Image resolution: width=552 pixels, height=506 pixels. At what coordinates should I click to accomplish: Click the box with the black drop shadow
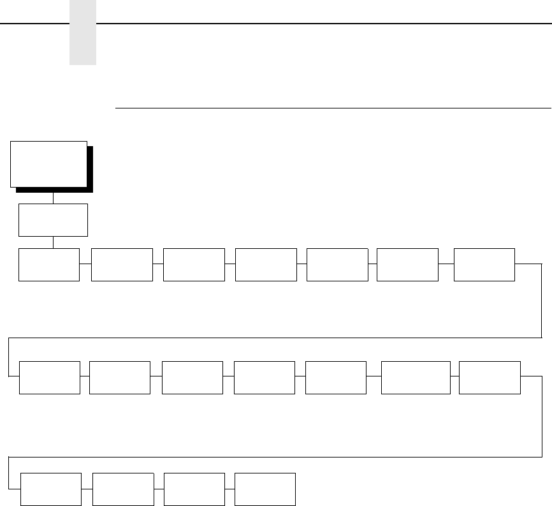48,164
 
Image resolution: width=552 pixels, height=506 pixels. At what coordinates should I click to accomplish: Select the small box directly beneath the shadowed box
53,220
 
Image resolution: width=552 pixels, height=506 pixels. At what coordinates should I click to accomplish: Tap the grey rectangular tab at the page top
83,32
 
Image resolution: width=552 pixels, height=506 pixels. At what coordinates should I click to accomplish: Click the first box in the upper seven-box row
49,265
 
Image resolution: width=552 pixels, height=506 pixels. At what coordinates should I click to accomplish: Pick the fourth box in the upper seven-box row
266,265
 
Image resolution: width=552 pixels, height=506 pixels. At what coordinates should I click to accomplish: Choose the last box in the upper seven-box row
484,265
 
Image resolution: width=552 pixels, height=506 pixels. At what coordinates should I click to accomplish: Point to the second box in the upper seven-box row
122,265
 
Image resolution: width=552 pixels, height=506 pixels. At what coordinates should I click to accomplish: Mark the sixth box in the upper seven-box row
407,265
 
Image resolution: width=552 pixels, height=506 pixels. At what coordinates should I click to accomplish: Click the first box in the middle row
50,377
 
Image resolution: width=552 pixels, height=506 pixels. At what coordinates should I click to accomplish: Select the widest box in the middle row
415,377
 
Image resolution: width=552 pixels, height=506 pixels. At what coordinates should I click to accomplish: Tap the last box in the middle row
489,377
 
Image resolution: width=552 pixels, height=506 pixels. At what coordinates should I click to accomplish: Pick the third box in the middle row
192,377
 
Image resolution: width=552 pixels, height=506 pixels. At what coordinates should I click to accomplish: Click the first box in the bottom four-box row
51,489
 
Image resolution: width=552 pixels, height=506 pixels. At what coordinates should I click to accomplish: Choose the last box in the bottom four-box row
265,489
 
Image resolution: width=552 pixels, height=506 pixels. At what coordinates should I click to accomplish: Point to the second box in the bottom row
123,489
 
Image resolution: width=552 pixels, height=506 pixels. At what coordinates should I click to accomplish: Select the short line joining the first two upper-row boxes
85,262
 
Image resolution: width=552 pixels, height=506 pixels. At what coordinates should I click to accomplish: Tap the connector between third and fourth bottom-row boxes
230,490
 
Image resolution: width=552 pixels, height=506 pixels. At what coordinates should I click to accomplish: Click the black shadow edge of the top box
90,169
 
